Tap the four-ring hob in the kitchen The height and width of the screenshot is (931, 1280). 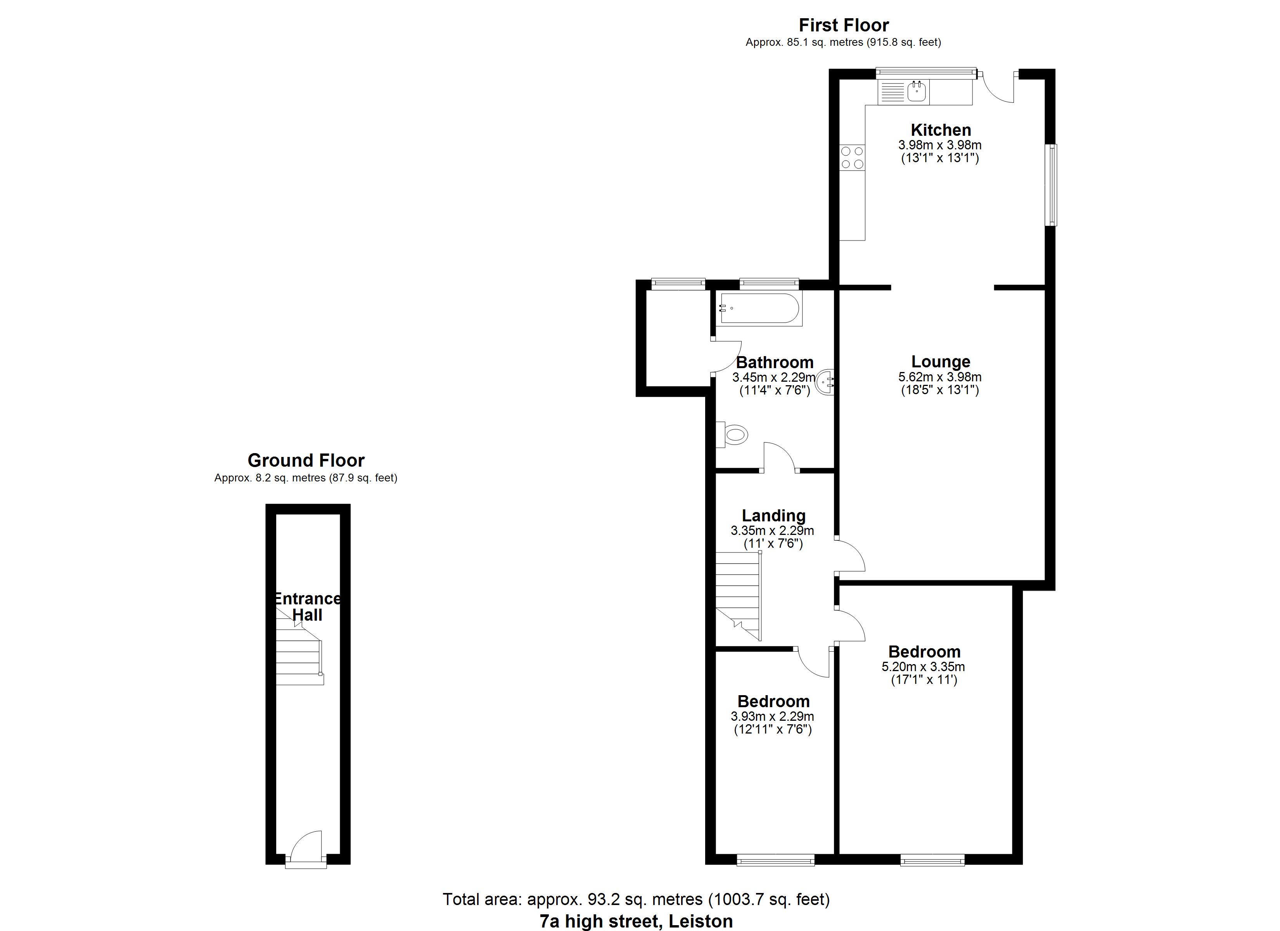pos(852,157)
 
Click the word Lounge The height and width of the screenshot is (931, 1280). pos(941,361)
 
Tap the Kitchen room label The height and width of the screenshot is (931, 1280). pos(941,130)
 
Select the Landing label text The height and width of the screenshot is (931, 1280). pos(773,516)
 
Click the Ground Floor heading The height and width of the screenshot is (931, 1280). pos(306,460)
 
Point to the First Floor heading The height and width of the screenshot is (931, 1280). pos(844,25)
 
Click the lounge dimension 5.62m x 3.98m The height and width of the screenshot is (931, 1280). pos(940,377)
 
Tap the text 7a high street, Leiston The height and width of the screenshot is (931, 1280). pos(636,921)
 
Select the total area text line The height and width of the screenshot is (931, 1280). pos(636,899)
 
